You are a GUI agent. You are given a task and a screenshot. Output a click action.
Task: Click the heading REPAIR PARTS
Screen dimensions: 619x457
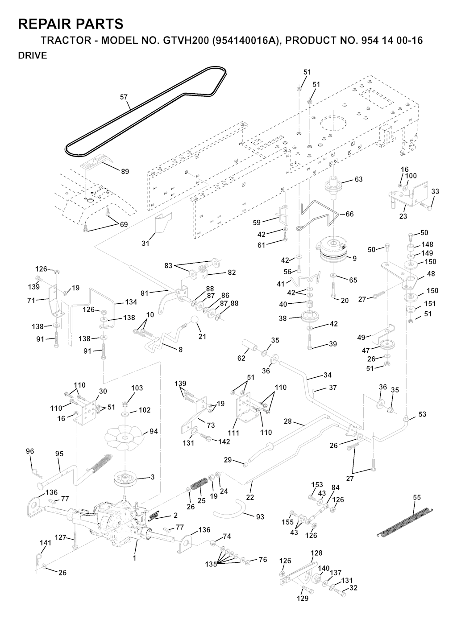point(71,24)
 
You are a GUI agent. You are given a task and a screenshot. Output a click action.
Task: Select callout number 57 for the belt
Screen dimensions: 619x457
point(124,96)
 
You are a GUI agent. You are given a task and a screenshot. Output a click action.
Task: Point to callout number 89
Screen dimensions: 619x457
point(125,171)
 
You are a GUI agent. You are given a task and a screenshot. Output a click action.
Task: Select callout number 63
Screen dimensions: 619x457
point(358,179)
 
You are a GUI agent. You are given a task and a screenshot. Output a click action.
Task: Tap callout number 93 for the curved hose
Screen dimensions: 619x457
point(260,517)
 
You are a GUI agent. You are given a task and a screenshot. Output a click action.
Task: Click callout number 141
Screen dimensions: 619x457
point(46,543)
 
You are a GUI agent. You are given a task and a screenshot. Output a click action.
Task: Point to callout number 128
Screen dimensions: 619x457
point(316,553)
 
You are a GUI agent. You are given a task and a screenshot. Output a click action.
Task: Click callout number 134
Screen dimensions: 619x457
point(131,302)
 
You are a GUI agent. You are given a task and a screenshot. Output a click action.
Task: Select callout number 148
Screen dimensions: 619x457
point(427,244)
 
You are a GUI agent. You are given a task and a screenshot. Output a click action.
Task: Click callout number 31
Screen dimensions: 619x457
point(145,243)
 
